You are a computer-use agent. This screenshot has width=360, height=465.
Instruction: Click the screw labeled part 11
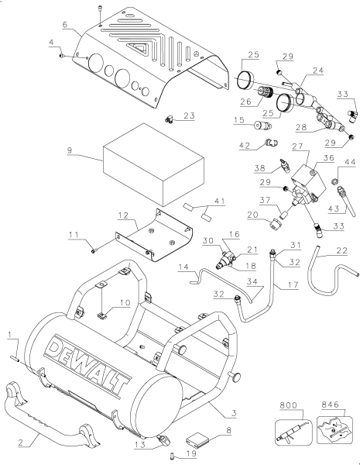click(92, 250)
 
